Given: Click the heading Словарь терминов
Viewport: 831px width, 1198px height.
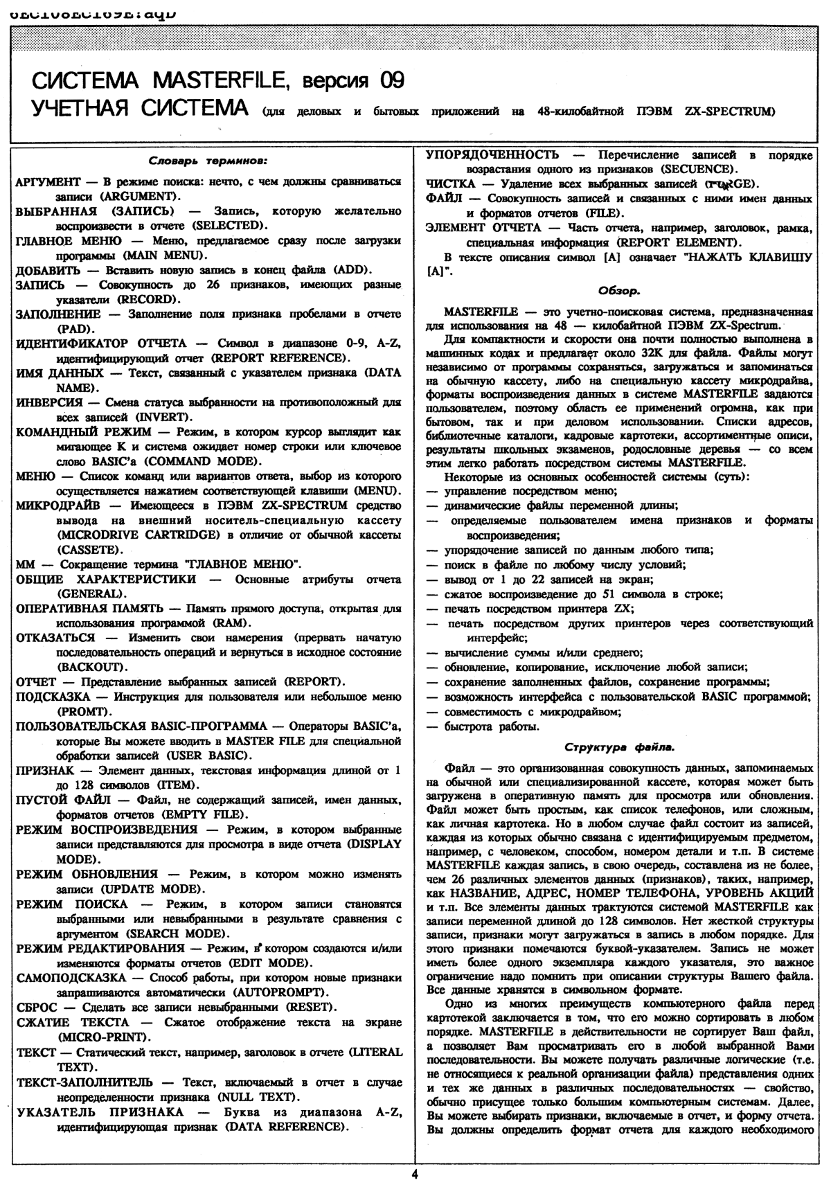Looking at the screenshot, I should tap(209, 163).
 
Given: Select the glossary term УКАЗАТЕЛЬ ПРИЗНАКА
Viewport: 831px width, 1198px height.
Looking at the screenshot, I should tap(100, 1112).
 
